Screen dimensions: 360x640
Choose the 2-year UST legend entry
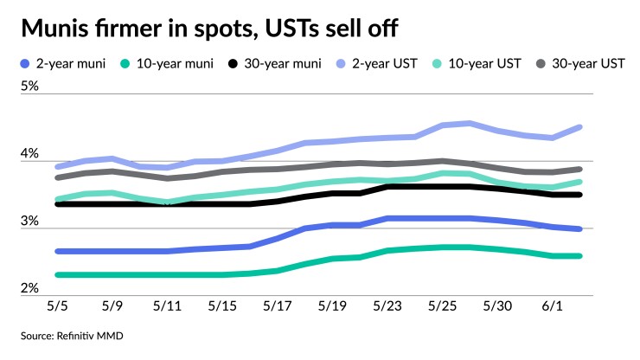390,63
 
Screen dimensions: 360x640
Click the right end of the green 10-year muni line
579,255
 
